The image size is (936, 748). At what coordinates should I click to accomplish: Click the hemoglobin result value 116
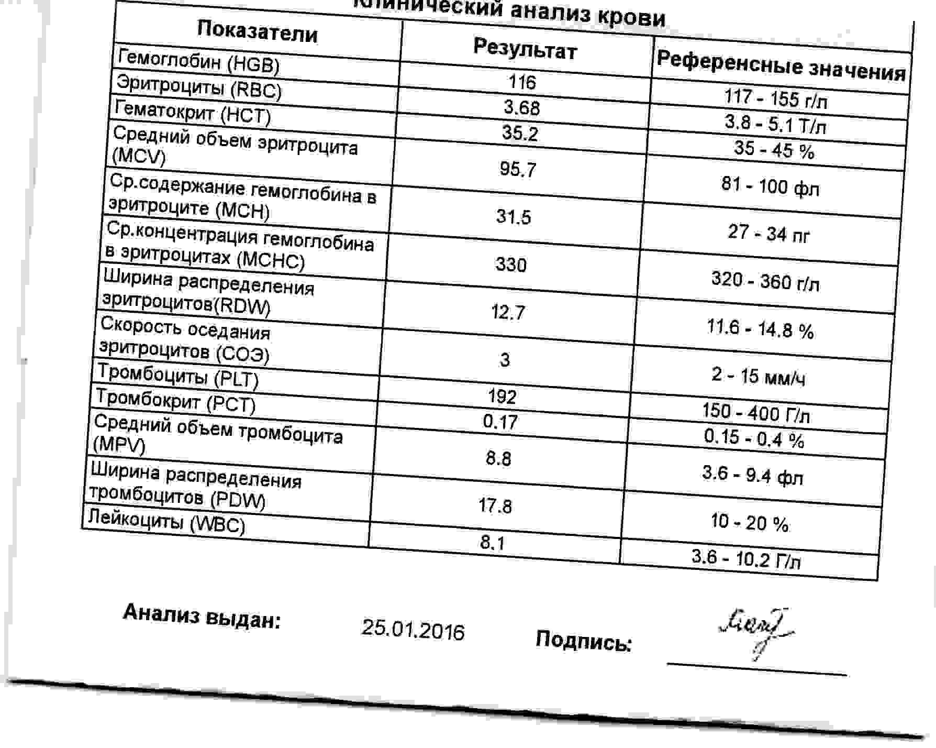pyautogui.click(x=522, y=82)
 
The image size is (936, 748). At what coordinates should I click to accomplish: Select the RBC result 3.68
pyautogui.click(x=521, y=107)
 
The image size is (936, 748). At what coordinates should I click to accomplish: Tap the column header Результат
pyautogui.click(x=525, y=50)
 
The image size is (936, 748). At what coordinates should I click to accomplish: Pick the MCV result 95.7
pyautogui.click(x=517, y=169)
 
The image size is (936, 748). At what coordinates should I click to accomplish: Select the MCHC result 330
pyautogui.click(x=510, y=265)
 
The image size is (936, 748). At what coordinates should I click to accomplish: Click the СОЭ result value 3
pyautogui.click(x=505, y=360)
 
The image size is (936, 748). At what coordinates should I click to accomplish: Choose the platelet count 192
pyautogui.click(x=502, y=397)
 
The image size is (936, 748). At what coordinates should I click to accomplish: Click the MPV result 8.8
pyautogui.click(x=498, y=459)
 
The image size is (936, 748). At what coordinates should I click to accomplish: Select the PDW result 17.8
pyautogui.click(x=495, y=506)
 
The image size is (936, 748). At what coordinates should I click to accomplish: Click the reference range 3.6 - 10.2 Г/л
pyautogui.click(x=745, y=559)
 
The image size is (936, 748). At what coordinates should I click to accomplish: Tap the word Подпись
pyautogui.click(x=583, y=640)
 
